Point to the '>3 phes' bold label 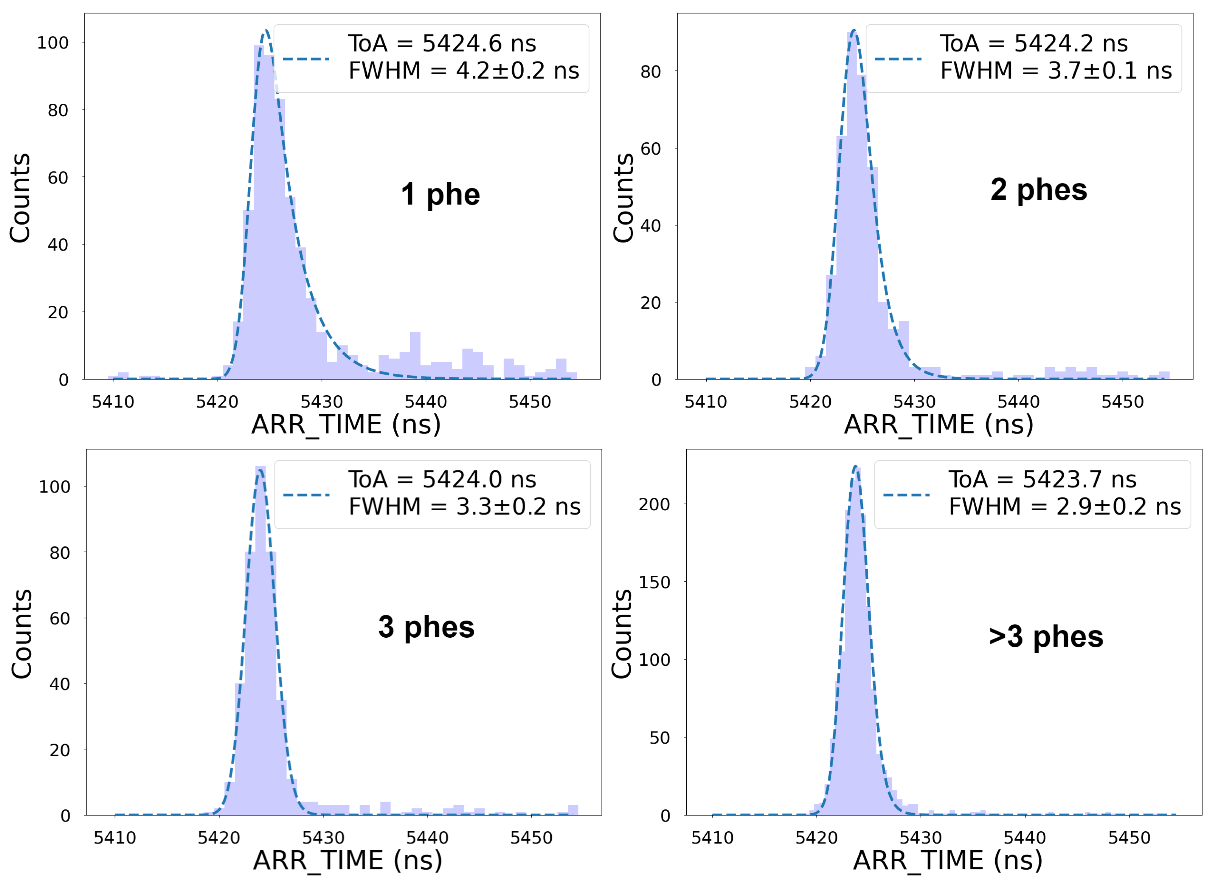[x=1046, y=637]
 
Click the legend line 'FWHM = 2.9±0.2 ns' [x=1064, y=507]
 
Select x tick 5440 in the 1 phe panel [x=425, y=402]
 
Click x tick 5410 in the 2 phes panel [x=706, y=402]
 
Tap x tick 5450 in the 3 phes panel [x=531, y=838]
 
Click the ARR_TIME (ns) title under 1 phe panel [x=346, y=425]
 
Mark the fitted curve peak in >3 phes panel [x=855, y=467]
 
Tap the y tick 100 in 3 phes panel [x=54, y=487]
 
